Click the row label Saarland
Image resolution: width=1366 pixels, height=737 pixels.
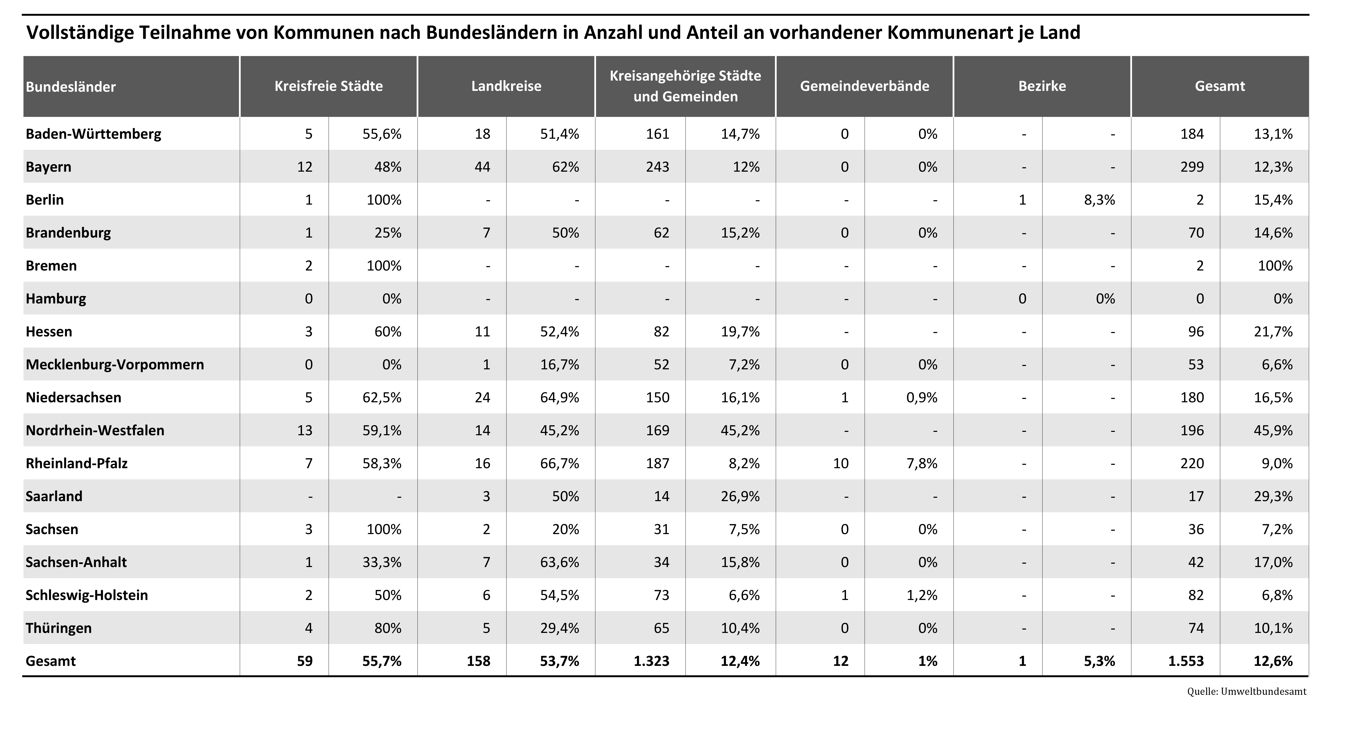(54, 497)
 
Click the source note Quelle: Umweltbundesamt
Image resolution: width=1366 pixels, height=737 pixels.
(1247, 691)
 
